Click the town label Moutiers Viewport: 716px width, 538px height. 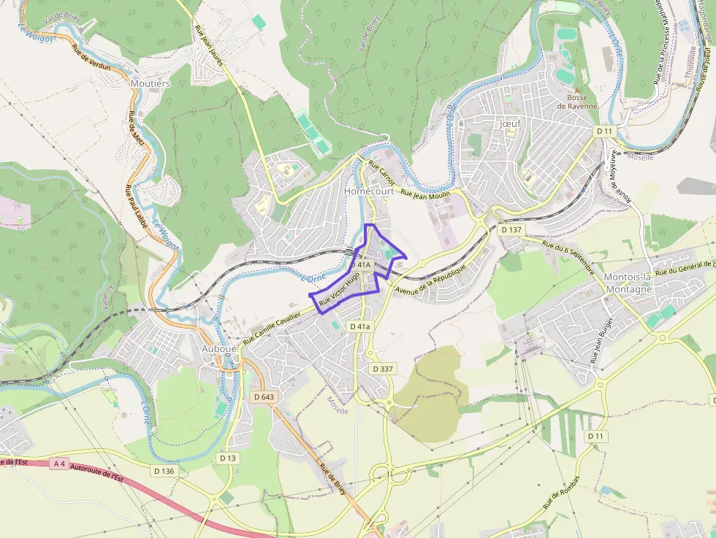[150, 84]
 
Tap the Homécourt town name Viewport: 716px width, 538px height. [369, 191]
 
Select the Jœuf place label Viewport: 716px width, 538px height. [510, 124]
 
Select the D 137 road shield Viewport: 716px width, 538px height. [512, 229]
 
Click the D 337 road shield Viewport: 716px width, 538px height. [381, 369]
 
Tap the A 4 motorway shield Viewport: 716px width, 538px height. [59, 463]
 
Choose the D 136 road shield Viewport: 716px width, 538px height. [164, 471]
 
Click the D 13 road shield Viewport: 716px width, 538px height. [228, 458]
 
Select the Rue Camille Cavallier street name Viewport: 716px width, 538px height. [272, 326]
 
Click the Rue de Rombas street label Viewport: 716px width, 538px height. [560, 493]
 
